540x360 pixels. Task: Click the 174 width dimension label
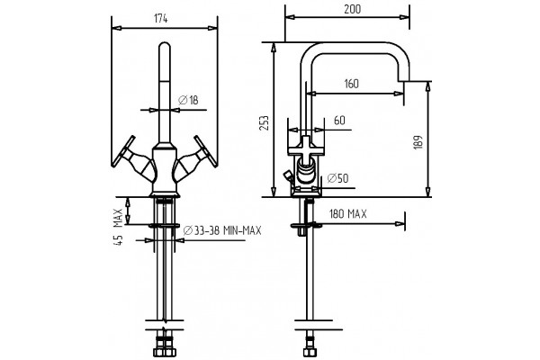(x=161, y=19)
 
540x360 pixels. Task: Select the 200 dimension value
(x=352, y=9)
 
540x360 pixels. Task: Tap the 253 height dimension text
(x=265, y=123)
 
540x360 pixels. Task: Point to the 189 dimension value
(x=418, y=142)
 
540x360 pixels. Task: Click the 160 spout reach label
(x=351, y=84)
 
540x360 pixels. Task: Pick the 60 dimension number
(x=339, y=121)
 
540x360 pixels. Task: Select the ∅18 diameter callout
(x=188, y=100)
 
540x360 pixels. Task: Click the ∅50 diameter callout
(x=337, y=178)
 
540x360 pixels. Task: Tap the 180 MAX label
(x=348, y=214)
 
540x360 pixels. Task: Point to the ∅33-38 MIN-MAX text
(x=222, y=230)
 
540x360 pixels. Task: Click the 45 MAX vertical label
(x=118, y=227)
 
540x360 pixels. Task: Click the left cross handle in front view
(x=131, y=158)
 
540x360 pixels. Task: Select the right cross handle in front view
(x=196, y=158)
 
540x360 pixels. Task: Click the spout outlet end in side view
(x=403, y=81)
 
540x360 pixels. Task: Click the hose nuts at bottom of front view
(x=165, y=348)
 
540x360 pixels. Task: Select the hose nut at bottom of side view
(x=309, y=349)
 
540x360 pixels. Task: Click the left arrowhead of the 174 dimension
(x=117, y=28)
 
